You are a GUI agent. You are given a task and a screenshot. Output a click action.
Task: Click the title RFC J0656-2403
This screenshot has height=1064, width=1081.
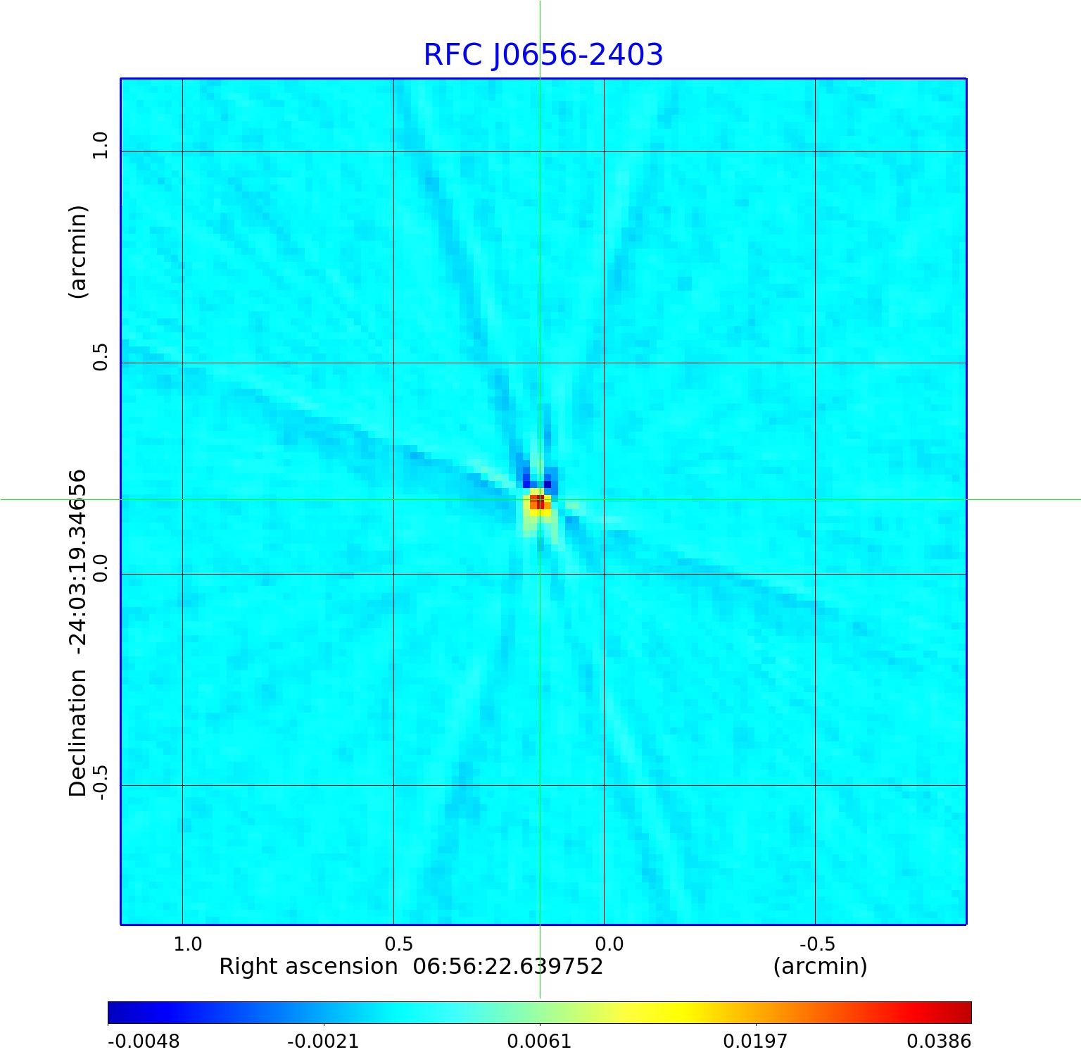coord(543,55)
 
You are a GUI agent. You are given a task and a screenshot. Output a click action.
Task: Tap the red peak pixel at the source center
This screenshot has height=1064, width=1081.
coord(538,501)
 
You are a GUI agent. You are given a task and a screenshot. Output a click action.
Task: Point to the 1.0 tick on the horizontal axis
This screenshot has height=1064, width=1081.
coord(188,944)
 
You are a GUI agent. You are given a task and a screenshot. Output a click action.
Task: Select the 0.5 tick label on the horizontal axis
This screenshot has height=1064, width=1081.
coord(398,944)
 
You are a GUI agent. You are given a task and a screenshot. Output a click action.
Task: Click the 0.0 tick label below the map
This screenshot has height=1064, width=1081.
coord(609,944)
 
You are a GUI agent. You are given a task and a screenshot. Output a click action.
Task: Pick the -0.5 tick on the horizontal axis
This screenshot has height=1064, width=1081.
coord(818,944)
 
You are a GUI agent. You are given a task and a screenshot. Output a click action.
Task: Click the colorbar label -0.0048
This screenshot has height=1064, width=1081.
coord(144,1041)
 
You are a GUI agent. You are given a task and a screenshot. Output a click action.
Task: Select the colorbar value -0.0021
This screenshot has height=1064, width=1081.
coord(323,1041)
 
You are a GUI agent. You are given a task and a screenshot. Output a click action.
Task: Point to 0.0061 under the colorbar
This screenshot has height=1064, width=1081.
coord(539,1041)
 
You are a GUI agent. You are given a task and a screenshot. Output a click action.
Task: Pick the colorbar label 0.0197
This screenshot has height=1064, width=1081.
coord(756,1041)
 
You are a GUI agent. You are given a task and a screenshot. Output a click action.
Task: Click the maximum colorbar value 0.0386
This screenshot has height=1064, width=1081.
coord(938,1041)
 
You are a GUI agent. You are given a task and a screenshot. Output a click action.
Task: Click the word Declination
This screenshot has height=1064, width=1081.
coord(77,733)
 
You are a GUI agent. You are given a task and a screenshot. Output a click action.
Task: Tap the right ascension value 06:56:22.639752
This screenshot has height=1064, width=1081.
coord(507,966)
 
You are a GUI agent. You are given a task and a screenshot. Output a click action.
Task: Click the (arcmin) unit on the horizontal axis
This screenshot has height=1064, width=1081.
coord(820,966)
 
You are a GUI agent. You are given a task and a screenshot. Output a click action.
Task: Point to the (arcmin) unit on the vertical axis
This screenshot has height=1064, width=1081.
coord(77,251)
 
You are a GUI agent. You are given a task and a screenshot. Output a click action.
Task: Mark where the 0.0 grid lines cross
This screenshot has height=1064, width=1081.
coord(604,574)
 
